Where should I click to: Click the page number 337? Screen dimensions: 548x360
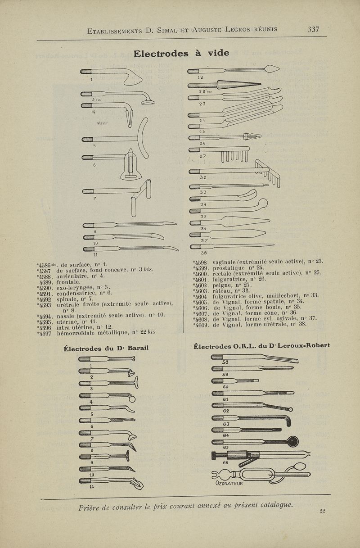click(x=313, y=30)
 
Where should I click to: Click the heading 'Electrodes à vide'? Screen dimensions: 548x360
click(x=181, y=53)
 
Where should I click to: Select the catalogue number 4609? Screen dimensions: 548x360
click(x=200, y=324)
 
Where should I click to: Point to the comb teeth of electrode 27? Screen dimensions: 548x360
click(x=234, y=156)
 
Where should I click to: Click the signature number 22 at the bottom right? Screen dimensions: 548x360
click(x=322, y=510)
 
